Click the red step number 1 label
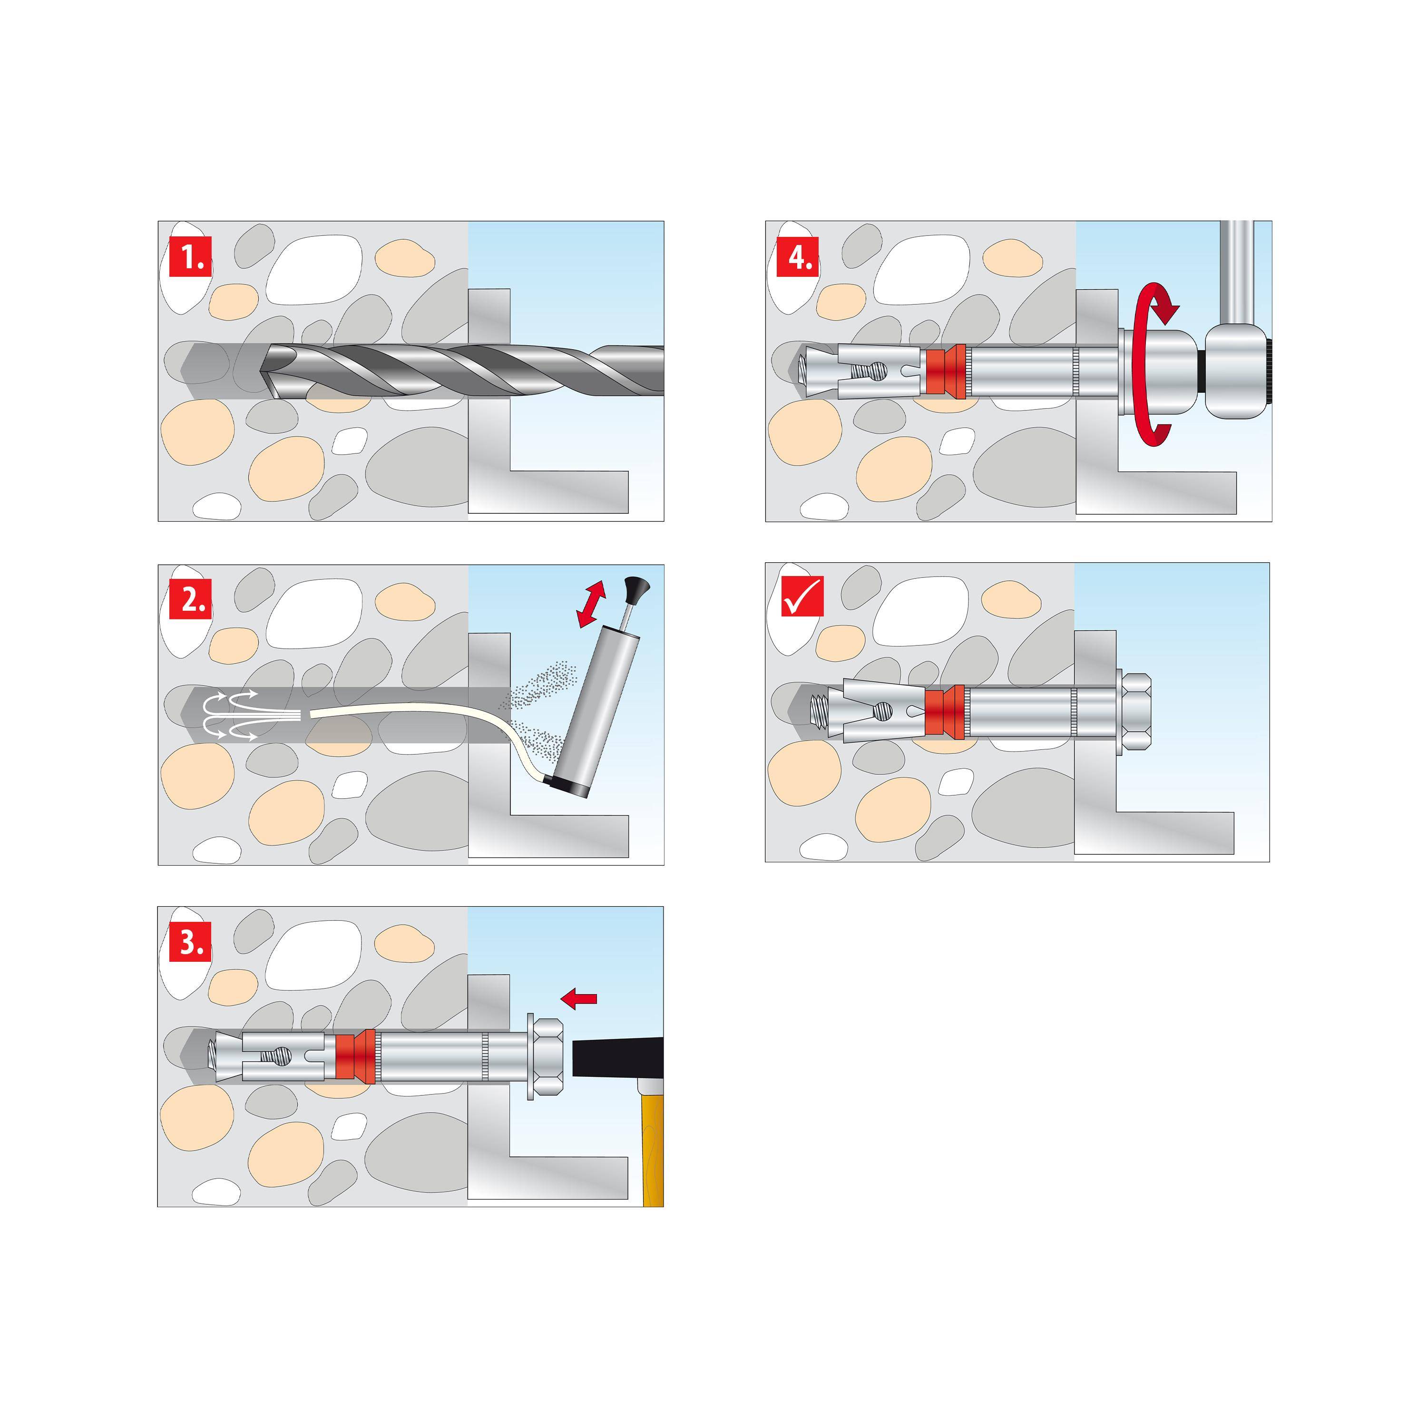[x=191, y=256]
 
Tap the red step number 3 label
[x=191, y=942]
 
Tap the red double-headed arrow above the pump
[x=591, y=604]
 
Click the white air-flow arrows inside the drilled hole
[x=229, y=715]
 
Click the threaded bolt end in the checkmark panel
[x=821, y=712]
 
